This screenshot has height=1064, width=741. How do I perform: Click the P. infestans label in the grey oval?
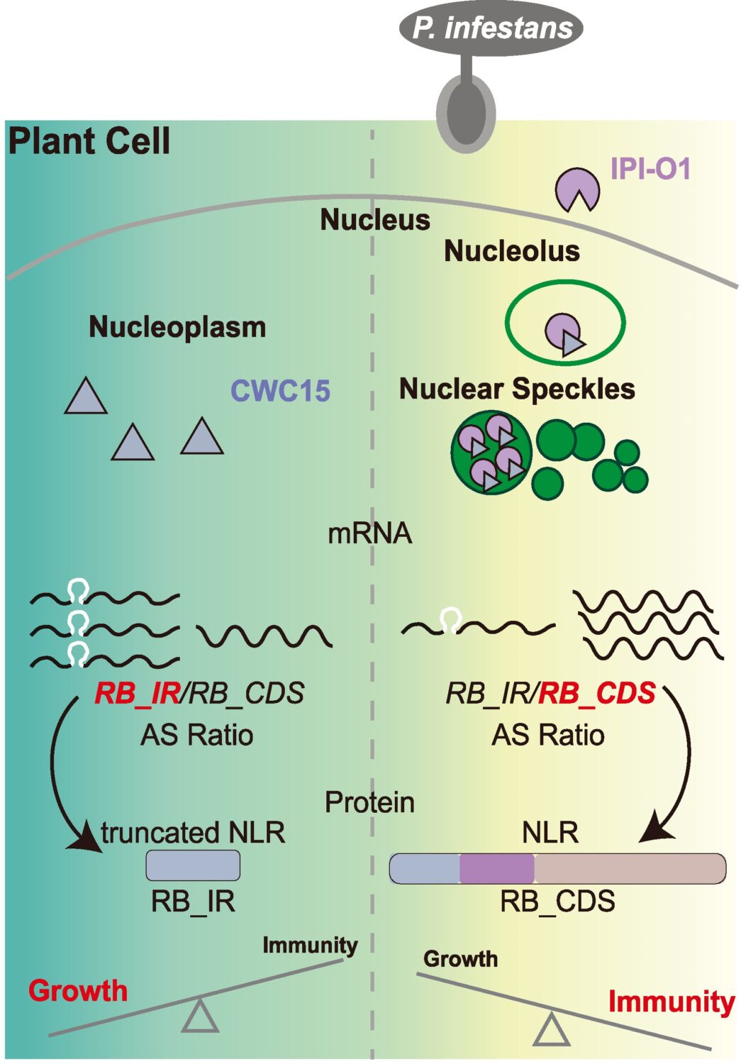[x=492, y=28]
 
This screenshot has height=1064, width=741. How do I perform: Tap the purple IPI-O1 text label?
[x=650, y=170]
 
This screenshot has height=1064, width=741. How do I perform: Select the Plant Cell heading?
[x=89, y=140]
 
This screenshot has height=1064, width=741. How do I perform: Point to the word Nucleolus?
[x=511, y=251]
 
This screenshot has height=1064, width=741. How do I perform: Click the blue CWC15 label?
[x=281, y=391]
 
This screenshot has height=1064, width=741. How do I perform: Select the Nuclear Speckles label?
[x=517, y=389]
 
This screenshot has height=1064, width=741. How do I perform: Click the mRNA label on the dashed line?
[x=369, y=533]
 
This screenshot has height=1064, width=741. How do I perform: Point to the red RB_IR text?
[x=138, y=693]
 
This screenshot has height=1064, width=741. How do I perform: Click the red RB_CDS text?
[x=597, y=693]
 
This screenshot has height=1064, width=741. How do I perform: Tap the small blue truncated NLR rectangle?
[x=193, y=865]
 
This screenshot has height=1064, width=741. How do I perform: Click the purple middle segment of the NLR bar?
[x=496, y=869]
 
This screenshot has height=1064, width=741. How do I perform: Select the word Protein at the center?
[x=369, y=802]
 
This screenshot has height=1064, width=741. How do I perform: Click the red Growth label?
[x=78, y=990]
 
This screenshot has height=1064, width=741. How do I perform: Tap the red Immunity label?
[x=671, y=1002]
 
